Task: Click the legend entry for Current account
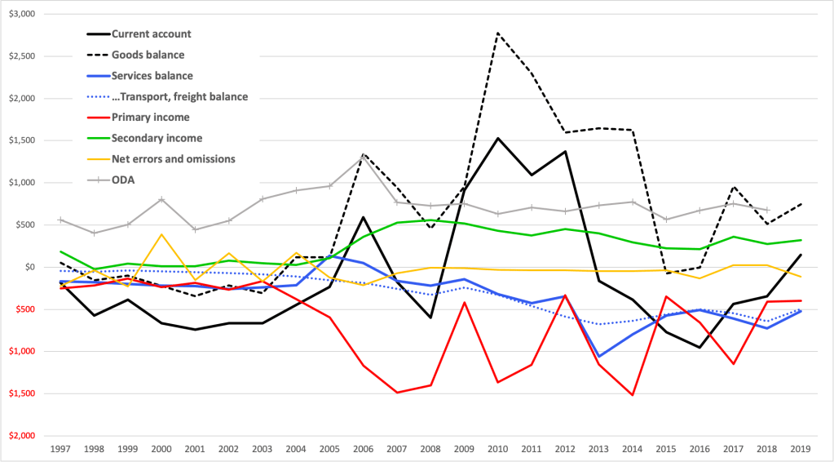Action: tap(152, 34)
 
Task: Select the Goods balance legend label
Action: tap(148, 56)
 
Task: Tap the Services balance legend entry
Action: tap(152, 76)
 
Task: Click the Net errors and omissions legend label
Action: tap(173, 159)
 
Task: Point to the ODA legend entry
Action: tap(123, 180)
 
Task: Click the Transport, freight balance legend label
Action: tap(179, 97)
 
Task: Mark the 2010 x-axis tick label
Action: tap(496, 448)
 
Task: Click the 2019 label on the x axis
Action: tap(800, 448)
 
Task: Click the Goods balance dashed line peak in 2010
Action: tap(497, 33)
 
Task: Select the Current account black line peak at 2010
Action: tap(497, 138)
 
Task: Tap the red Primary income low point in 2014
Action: tap(632, 395)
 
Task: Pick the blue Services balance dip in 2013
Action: tap(598, 357)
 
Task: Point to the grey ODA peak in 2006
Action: tap(363, 155)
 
